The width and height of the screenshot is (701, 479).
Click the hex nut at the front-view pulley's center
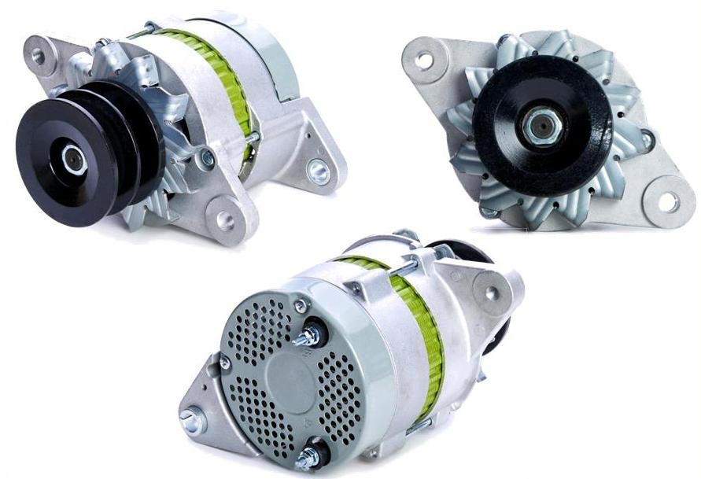[541, 127]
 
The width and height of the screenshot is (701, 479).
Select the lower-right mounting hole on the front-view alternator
[667, 201]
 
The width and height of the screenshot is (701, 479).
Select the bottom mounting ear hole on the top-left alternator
[226, 218]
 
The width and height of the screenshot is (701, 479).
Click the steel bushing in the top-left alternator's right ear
[319, 171]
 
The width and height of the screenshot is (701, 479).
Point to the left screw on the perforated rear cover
[225, 363]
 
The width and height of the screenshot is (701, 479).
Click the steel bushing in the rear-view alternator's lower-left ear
[193, 422]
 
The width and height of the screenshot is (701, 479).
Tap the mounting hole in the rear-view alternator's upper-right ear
[491, 293]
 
